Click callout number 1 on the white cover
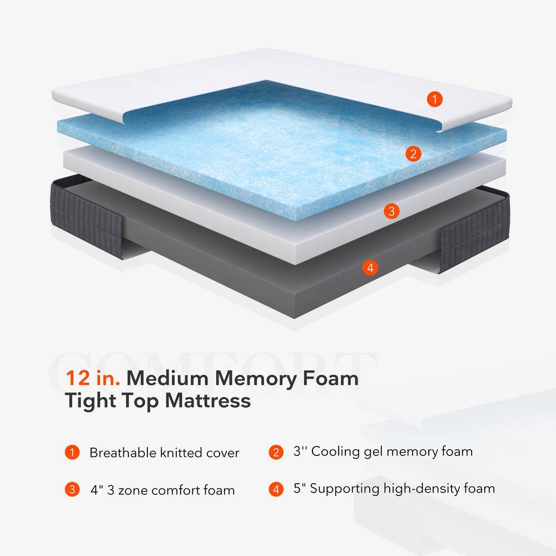[435, 100]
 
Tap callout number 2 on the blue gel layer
[413, 154]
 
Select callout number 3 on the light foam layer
[391, 211]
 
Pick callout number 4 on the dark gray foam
[369, 267]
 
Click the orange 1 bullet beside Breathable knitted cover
[72, 452]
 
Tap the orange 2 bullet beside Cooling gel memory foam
[276, 451]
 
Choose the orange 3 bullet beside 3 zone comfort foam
[72, 490]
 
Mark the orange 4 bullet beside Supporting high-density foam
[276, 490]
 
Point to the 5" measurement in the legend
[300, 489]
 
